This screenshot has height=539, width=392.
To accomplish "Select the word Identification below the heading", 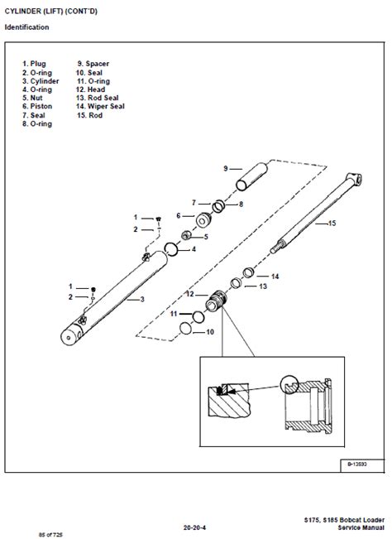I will (26, 27).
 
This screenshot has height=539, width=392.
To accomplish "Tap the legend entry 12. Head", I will (92, 89).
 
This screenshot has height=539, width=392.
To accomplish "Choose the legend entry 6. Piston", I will (38, 107).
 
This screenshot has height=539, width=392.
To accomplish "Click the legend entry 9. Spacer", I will (93, 64).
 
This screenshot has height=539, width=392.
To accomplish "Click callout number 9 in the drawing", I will (225, 169).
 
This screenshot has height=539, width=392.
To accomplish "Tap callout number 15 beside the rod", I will (332, 224).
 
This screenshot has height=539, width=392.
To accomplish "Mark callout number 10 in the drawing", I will (209, 332).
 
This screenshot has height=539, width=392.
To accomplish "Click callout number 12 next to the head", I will (189, 294).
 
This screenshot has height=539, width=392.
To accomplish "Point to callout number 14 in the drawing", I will (275, 276).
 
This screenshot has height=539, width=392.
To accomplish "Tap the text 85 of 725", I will (29, 529).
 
